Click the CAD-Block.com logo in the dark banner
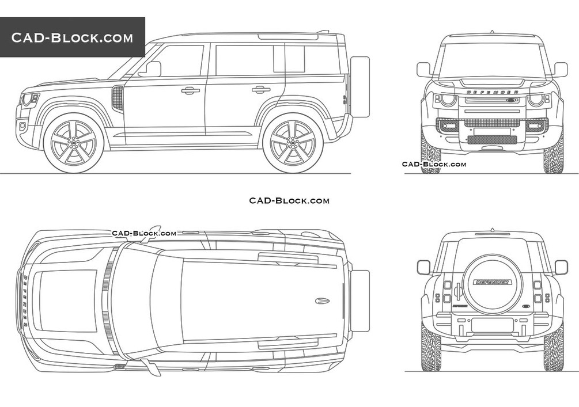72,38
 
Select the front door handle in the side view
190,90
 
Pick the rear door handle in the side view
261,89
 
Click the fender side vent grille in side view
118,98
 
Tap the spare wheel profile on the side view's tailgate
359,86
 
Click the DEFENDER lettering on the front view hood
492,92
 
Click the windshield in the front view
492,60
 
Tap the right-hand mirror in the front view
559,70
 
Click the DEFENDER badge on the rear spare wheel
492,283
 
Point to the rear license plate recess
492,325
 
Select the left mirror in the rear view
424,267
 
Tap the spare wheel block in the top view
360,301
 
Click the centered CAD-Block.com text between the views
289,200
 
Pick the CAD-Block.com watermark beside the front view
434,164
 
